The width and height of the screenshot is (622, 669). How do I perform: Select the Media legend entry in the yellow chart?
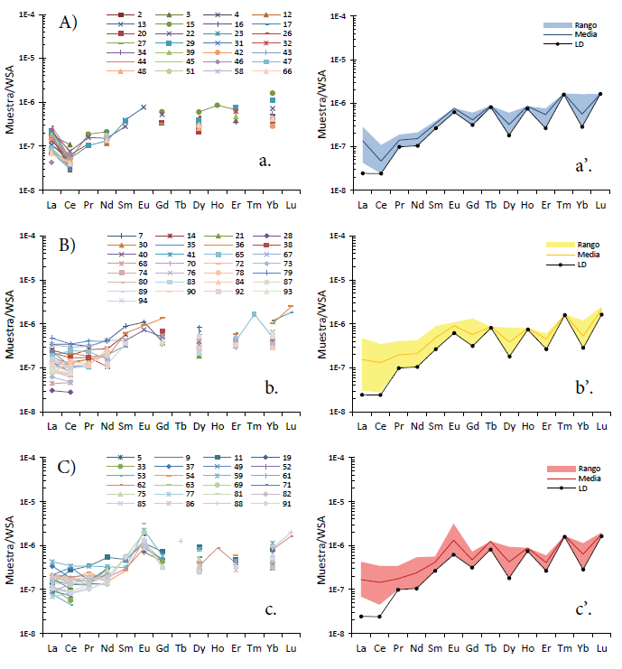(x=578, y=256)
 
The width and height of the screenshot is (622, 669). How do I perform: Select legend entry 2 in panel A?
(x=126, y=15)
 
